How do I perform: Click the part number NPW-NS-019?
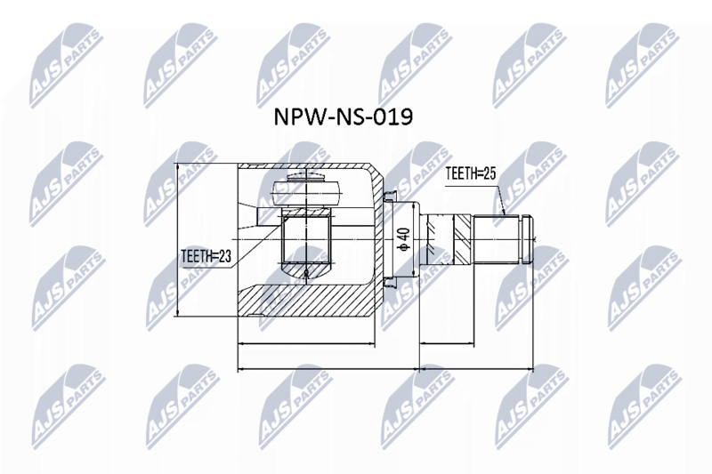[344, 117]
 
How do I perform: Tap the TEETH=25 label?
[472, 173]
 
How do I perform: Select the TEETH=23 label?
[206, 256]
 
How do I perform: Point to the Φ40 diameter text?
[403, 239]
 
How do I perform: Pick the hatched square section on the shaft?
[464, 239]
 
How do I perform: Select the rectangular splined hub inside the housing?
[307, 239]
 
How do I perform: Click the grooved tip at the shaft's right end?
[526, 239]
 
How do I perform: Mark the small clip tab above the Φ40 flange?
[390, 196]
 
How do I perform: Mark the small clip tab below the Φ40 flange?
[390, 283]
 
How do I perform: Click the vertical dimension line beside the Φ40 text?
[413, 239]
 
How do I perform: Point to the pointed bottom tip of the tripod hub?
[306, 274]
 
